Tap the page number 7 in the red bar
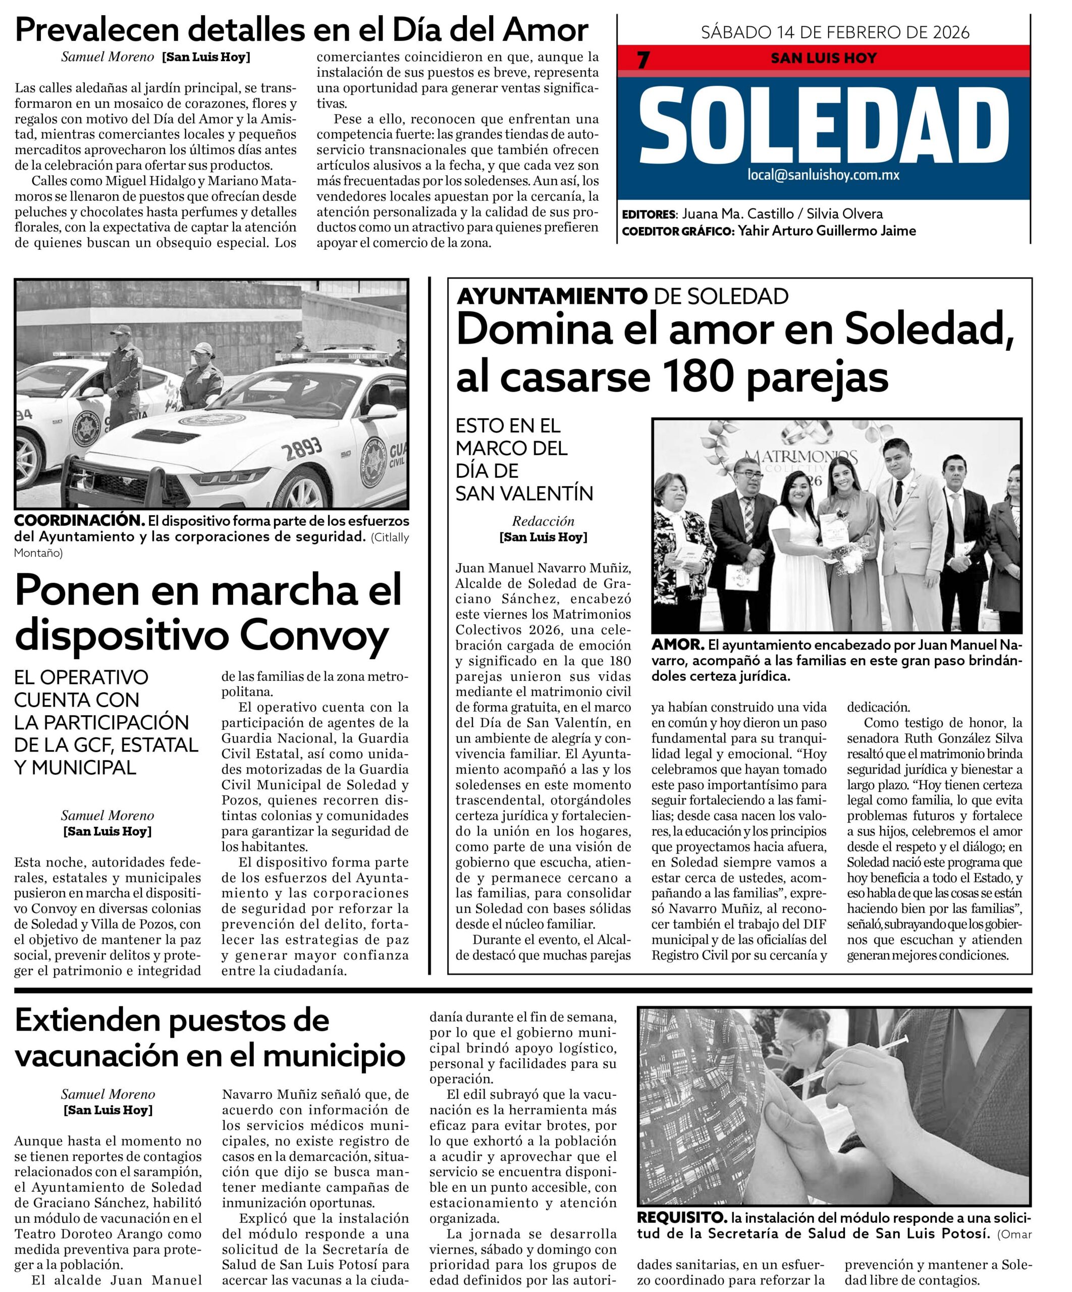643,60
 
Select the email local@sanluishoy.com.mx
823,175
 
